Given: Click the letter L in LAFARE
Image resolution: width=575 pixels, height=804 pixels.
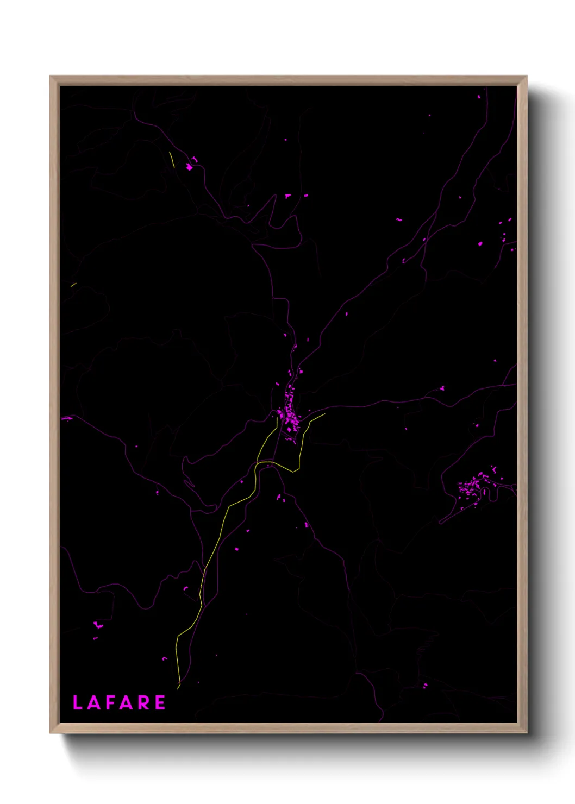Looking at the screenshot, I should [x=77, y=702].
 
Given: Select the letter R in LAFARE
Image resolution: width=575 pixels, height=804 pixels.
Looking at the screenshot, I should [x=144, y=702].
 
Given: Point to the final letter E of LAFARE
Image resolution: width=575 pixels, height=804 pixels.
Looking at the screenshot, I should [x=160, y=702].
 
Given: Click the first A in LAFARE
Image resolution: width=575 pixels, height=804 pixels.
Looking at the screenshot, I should [x=93, y=702].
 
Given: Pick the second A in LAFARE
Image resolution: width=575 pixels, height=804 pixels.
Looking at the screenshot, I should [x=127, y=702].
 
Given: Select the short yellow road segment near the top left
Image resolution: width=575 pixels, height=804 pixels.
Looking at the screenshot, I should [x=172, y=159].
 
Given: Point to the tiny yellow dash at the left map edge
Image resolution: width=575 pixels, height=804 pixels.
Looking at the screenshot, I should [x=73, y=284].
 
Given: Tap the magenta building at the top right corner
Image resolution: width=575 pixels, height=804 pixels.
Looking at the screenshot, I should [x=479, y=97].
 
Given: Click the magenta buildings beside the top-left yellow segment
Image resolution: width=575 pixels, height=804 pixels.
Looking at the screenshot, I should [x=190, y=166].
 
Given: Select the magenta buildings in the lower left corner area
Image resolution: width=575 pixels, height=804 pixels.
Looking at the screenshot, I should [x=98, y=626].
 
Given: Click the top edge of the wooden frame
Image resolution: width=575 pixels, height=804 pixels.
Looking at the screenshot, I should [x=288, y=80].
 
